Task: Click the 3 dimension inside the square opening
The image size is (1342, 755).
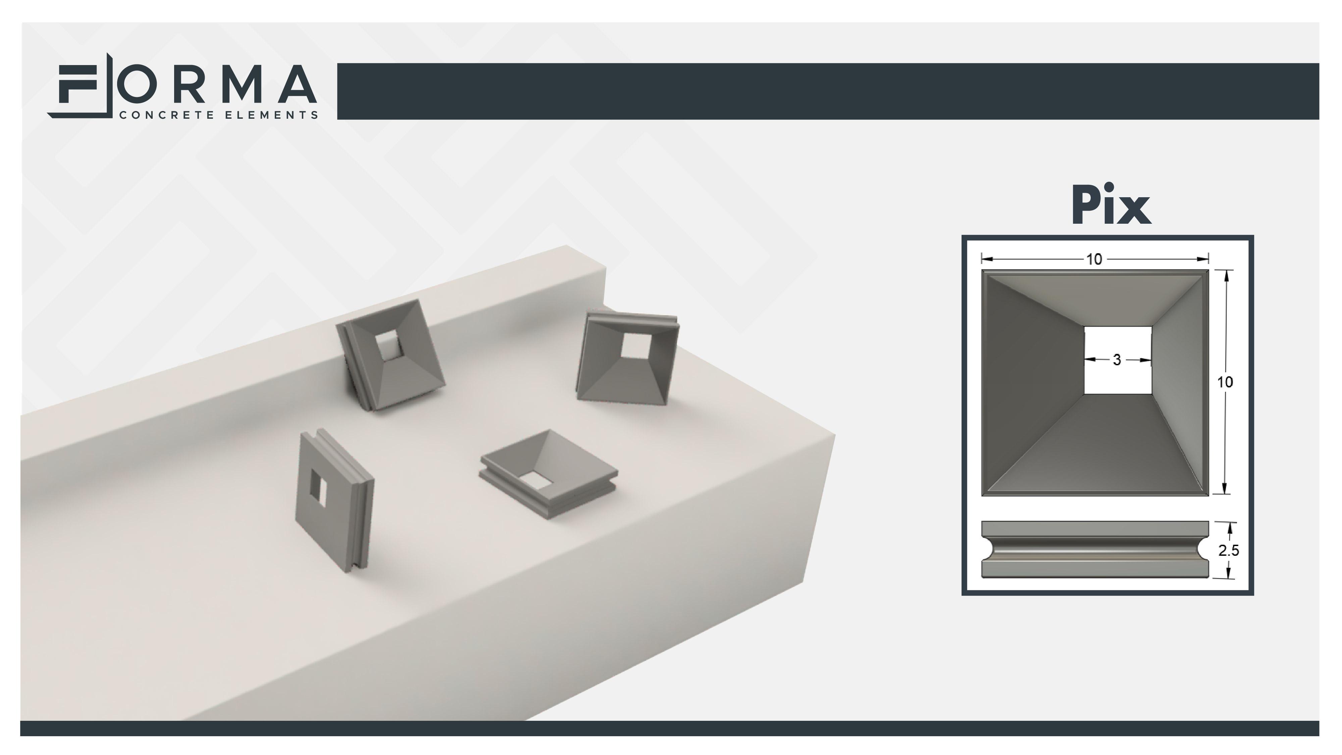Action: [x=1117, y=359]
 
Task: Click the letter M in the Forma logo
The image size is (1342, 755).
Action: [x=244, y=84]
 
